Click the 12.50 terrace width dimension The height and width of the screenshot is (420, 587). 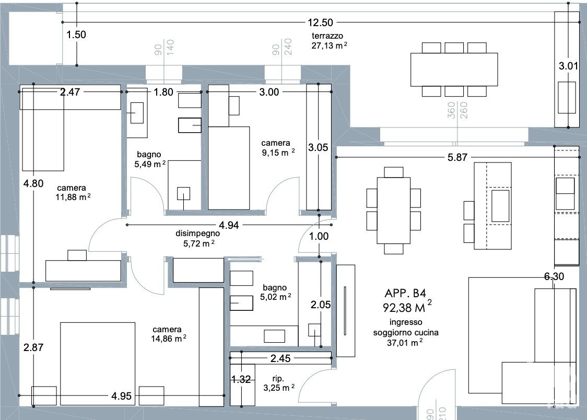point(320,22)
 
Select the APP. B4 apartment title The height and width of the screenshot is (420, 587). point(405,293)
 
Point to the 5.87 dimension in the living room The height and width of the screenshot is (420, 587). point(457,157)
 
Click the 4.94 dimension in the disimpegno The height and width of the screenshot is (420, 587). point(229,225)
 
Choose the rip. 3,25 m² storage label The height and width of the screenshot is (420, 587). point(278,383)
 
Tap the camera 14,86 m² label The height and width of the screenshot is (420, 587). point(169,334)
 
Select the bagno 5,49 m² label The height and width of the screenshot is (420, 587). point(150,159)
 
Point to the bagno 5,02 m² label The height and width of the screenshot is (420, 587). point(276,293)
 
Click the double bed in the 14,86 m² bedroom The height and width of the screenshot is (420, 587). point(97,364)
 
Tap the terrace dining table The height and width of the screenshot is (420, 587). point(454,69)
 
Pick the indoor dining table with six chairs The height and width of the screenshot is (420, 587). point(393,211)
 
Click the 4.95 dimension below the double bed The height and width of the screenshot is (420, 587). point(121,395)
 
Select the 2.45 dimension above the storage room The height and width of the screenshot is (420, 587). point(280,358)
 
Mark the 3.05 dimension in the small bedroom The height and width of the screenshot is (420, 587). point(318,147)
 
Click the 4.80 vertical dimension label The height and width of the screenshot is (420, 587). point(33,183)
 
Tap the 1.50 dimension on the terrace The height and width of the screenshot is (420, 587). point(76,35)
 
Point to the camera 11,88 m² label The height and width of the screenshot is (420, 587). point(73,192)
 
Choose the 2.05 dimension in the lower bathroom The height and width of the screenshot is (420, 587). point(321,305)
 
